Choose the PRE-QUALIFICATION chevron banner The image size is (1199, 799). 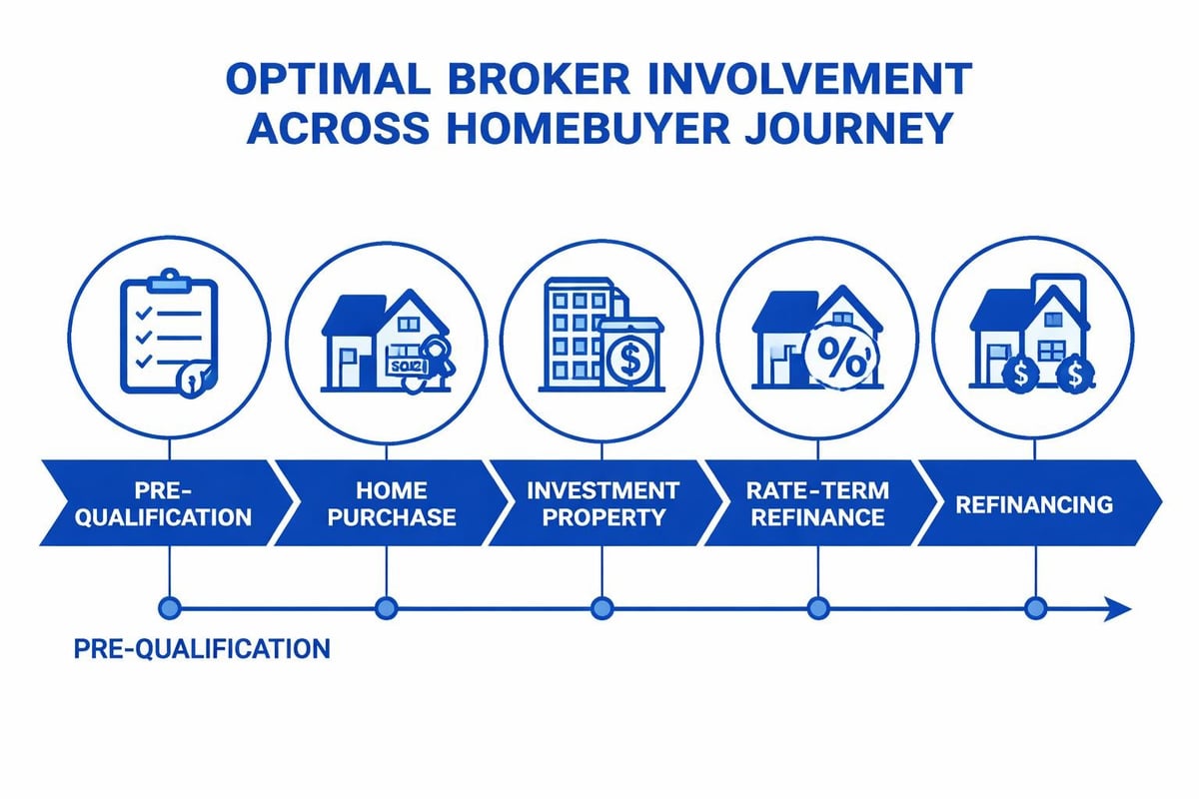coord(160,503)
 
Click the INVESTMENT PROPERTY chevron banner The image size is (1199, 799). coord(601,503)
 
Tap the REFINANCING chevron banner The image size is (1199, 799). coord(1033,503)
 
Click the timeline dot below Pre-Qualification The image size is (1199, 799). coord(169,607)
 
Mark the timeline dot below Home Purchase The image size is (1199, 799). coord(386,607)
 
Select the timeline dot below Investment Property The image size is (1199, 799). coord(601,607)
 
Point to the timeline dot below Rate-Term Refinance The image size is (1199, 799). coord(817,607)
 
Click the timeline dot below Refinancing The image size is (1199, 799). coord(1035,607)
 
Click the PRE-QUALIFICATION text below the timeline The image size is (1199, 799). coord(202,649)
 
